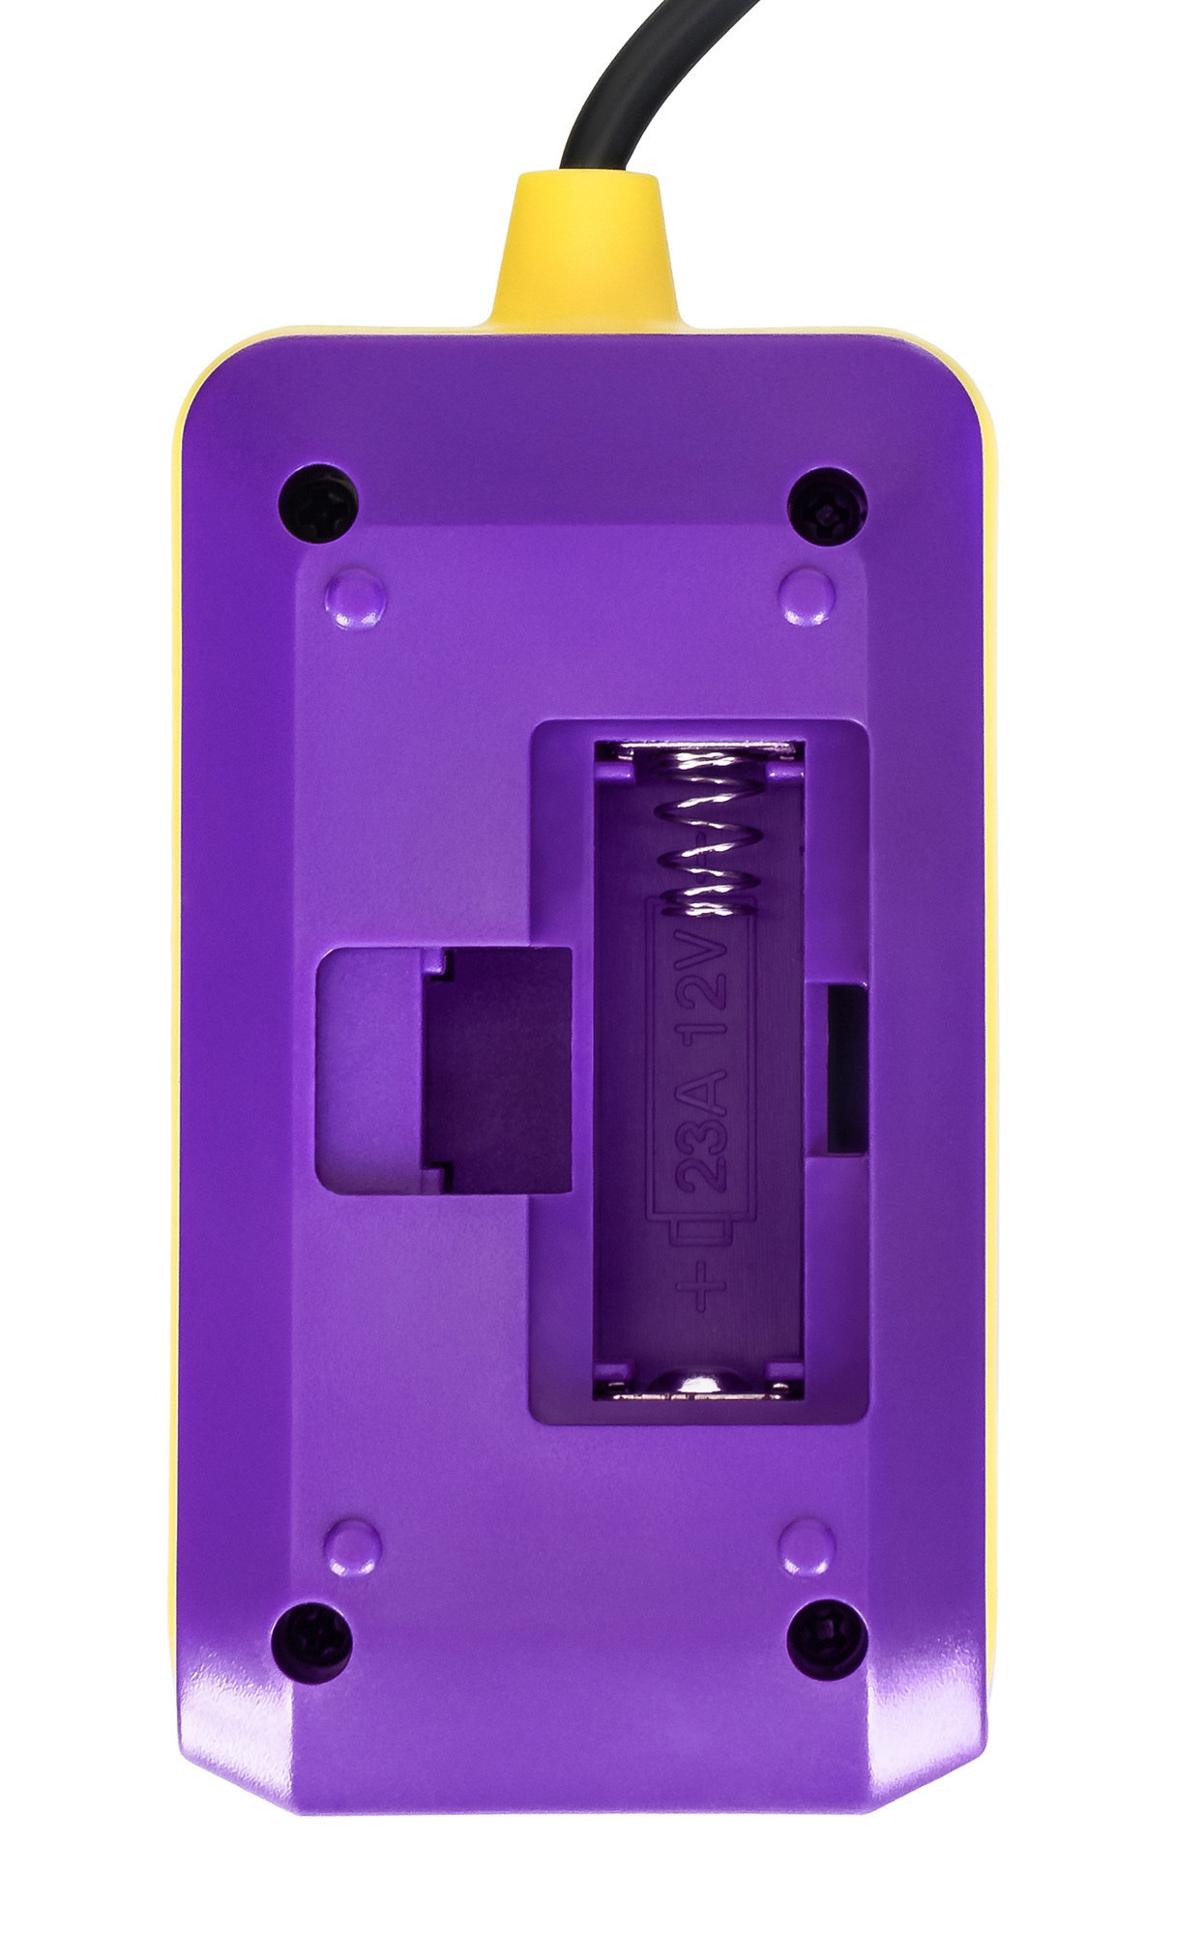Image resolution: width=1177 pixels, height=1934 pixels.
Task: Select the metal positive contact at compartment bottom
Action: pos(698,1386)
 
